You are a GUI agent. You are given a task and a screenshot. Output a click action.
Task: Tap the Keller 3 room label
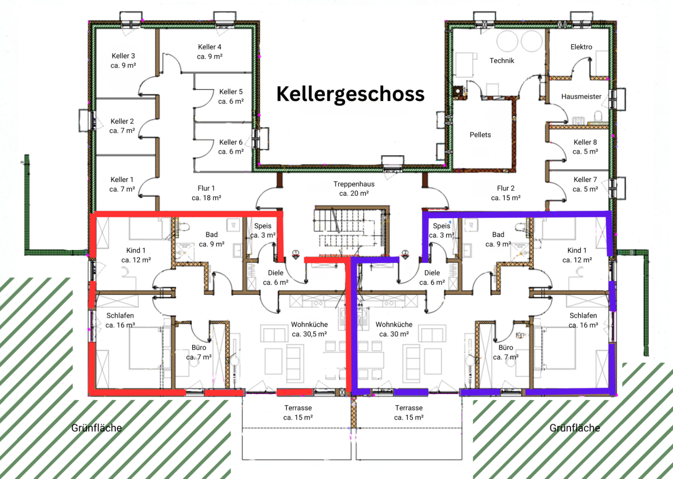(123, 61)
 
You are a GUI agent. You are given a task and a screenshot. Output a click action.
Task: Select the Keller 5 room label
(231, 96)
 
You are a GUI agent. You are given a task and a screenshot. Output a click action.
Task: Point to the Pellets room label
(480, 135)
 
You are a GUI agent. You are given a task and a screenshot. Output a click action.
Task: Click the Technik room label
(502, 61)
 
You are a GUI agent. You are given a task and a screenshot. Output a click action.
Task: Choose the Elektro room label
(581, 47)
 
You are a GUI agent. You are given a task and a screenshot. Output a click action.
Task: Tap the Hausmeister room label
(581, 97)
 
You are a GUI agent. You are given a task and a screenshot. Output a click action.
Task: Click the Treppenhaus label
(354, 188)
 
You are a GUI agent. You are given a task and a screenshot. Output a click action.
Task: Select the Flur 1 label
(206, 193)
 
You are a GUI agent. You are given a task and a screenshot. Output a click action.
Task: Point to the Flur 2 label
(505, 193)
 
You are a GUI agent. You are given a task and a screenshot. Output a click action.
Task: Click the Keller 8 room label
(585, 147)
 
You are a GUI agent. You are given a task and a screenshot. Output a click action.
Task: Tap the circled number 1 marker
(296, 254)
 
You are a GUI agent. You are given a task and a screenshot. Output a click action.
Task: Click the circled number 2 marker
(405, 254)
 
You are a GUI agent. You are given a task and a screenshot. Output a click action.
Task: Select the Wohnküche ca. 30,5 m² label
(309, 329)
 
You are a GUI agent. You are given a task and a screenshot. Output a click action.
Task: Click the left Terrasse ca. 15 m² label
(298, 412)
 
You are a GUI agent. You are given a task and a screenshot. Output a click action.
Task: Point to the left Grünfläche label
(97, 428)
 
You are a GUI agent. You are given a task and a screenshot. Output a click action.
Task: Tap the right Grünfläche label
(574, 428)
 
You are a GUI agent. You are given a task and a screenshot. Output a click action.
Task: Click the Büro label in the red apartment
(199, 352)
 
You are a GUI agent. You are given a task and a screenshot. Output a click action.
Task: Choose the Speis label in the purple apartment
(441, 230)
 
